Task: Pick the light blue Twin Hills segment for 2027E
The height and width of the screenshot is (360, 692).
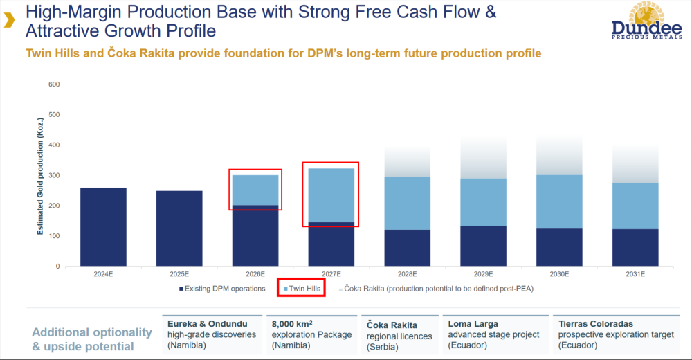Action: (x=331, y=195)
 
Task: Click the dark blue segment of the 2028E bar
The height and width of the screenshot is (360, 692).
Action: (x=407, y=248)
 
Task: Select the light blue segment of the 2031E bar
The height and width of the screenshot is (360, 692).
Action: (x=635, y=206)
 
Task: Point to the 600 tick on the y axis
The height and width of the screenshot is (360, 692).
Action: (x=54, y=84)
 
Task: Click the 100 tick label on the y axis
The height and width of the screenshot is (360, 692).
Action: (x=54, y=236)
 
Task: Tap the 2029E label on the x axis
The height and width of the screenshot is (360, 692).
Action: (x=483, y=275)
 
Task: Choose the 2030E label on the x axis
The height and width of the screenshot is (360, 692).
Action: (x=558, y=275)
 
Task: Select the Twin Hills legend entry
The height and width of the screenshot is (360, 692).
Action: (x=302, y=289)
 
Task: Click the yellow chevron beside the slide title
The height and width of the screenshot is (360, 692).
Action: (x=8, y=21)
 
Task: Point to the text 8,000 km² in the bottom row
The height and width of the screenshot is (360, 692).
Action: (x=292, y=323)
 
